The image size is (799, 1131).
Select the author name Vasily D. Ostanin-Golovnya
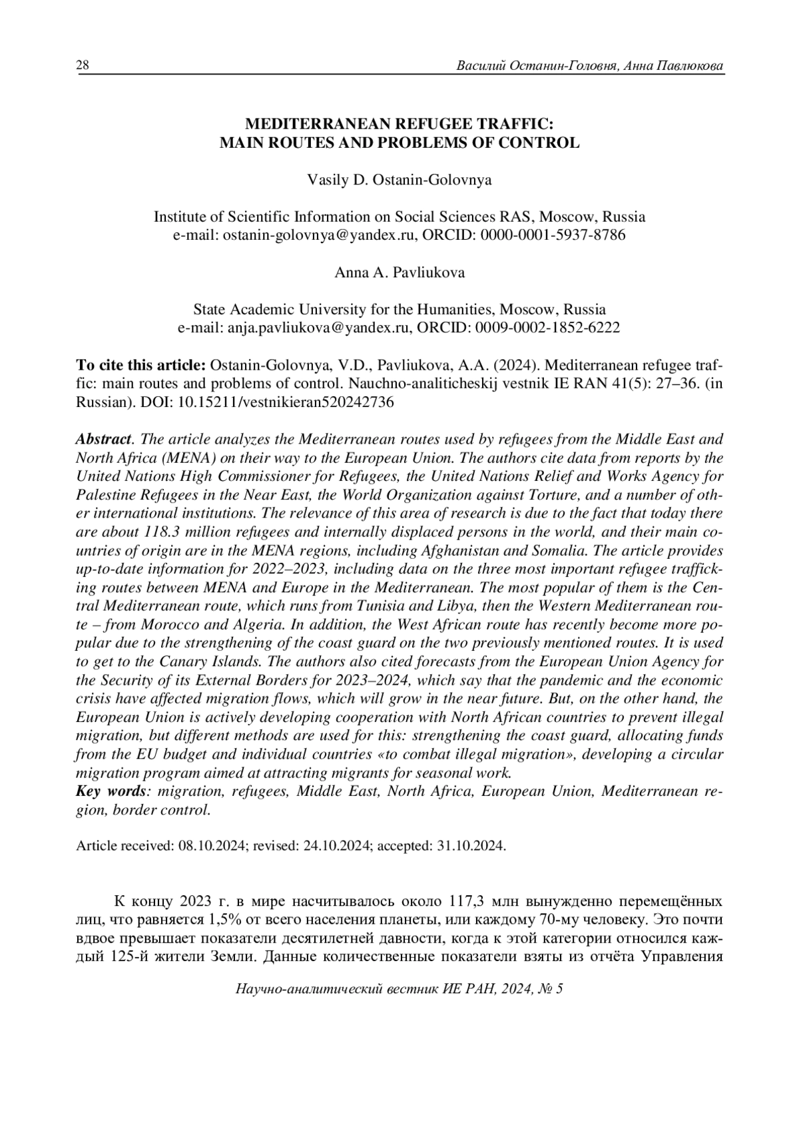coord(399,180)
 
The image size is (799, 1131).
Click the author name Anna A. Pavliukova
coord(400,272)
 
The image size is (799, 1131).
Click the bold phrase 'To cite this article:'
coord(141,365)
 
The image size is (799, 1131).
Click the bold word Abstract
coord(103,440)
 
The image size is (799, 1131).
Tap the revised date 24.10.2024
coord(335,846)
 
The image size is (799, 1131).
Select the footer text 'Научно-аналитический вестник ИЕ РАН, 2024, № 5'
coord(400,989)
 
